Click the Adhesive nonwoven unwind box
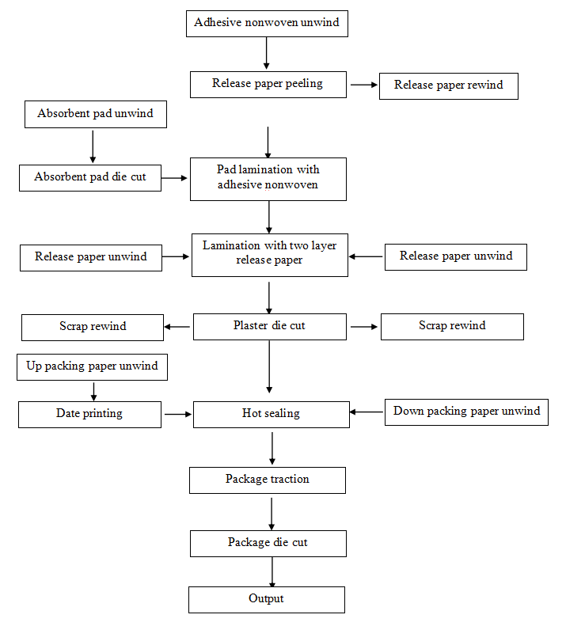pos(267,24)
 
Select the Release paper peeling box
pos(268,85)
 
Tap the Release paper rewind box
pos(449,86)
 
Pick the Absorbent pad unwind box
pos(96,114)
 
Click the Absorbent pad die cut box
pos(90,178)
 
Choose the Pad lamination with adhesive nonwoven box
pos(268,180)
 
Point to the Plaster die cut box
pos(270,327)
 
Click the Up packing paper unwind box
pos(93,367)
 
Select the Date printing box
pos(90,415)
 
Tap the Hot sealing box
pos(272,415)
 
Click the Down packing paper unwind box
pos(466,412)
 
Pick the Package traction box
pos(268,480)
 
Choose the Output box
pos(267,600)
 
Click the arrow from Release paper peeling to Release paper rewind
pos(364,85)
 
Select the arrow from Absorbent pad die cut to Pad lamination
pos(174,178)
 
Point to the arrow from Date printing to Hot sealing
pos(178,415)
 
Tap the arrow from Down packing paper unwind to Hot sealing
pos(367,412)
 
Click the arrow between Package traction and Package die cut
pos(272,514)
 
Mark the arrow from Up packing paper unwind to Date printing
pos(94,392)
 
